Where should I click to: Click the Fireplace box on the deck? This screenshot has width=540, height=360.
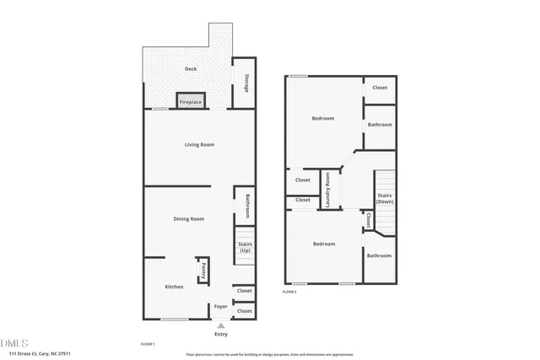(x=191, y=101)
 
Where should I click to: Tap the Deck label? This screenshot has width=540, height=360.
(x=191, y=70)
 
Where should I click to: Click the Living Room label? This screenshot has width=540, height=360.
(x=199, y=145)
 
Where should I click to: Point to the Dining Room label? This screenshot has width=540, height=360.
(x=189, y=219)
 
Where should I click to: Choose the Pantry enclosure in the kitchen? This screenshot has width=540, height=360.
(x=203, y=271)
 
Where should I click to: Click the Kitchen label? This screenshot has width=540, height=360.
(x=174, y=287)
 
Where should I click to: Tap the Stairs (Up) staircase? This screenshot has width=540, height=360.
(x=245, y=248)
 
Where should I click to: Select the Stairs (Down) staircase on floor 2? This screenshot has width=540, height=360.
(x=385, y=199)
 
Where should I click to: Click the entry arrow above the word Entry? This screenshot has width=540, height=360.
(x=221, y=325)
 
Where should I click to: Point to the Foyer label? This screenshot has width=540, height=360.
(x=220, y=306)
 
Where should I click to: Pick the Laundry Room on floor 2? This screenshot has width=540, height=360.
(x=328, y=189)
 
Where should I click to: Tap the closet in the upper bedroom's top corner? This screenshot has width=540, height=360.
(x=380, y=88)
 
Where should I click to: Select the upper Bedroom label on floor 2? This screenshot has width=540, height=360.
(x=323, y=119)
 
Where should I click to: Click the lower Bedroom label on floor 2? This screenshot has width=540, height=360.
(x=324, y=244)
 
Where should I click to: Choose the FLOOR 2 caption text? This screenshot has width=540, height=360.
(x=289, y=291)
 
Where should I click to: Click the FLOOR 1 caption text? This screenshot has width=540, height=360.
(x=148, y=344)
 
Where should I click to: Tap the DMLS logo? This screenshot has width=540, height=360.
(x=14, y=343)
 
